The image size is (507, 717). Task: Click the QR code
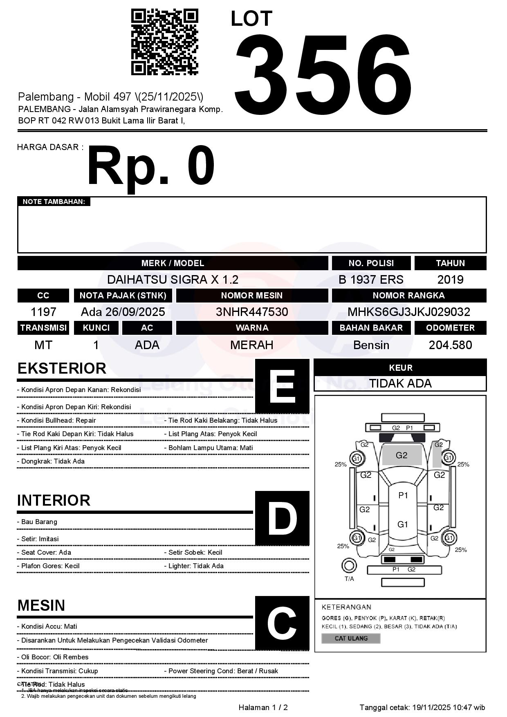click(x=164, y=42)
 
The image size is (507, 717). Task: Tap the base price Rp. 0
click(x=151, y=166)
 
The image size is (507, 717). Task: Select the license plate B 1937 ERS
click(x=371, y=280)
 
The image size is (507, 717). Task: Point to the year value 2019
click(x=450, y=280)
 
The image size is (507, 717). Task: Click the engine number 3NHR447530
click(x=252, y=312)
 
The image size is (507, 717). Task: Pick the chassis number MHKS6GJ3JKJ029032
click(x=409, y=312)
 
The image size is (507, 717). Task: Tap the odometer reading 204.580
click(x=450, y=345)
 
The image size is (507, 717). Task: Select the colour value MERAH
click(x=252, y=345)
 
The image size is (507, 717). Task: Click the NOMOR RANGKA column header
click(x=409, y=296)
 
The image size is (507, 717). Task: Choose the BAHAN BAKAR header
click(x=371, y=328)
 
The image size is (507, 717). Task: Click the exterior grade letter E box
click(x=282, y=386)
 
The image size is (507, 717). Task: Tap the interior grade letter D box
click(x=282, y=518)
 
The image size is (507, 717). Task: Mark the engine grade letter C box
click(x=282, y=623)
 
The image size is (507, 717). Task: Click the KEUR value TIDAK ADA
click(x=400, y=383)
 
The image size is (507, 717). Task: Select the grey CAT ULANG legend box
click(x=351, y=638)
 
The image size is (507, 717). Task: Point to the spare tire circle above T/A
click(x=349, y=566)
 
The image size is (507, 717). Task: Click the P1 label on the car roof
click(x=403, y=495)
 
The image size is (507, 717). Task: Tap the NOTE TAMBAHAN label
click(x=54, y=202)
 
